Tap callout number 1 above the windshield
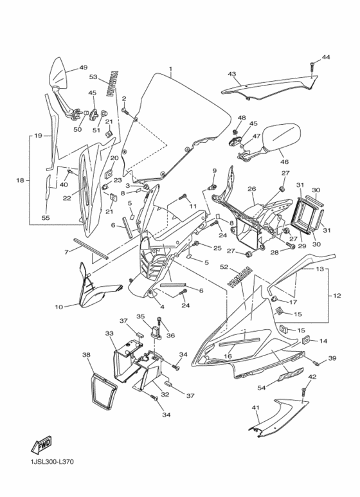tap(170, 69)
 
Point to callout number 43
tap(231, 75)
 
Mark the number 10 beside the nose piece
tap(59, 307)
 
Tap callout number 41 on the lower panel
tap(255, 408)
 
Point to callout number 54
tap(262, 387)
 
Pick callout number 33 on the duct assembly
tap(109, 333)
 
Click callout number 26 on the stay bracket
tap(252, 189)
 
